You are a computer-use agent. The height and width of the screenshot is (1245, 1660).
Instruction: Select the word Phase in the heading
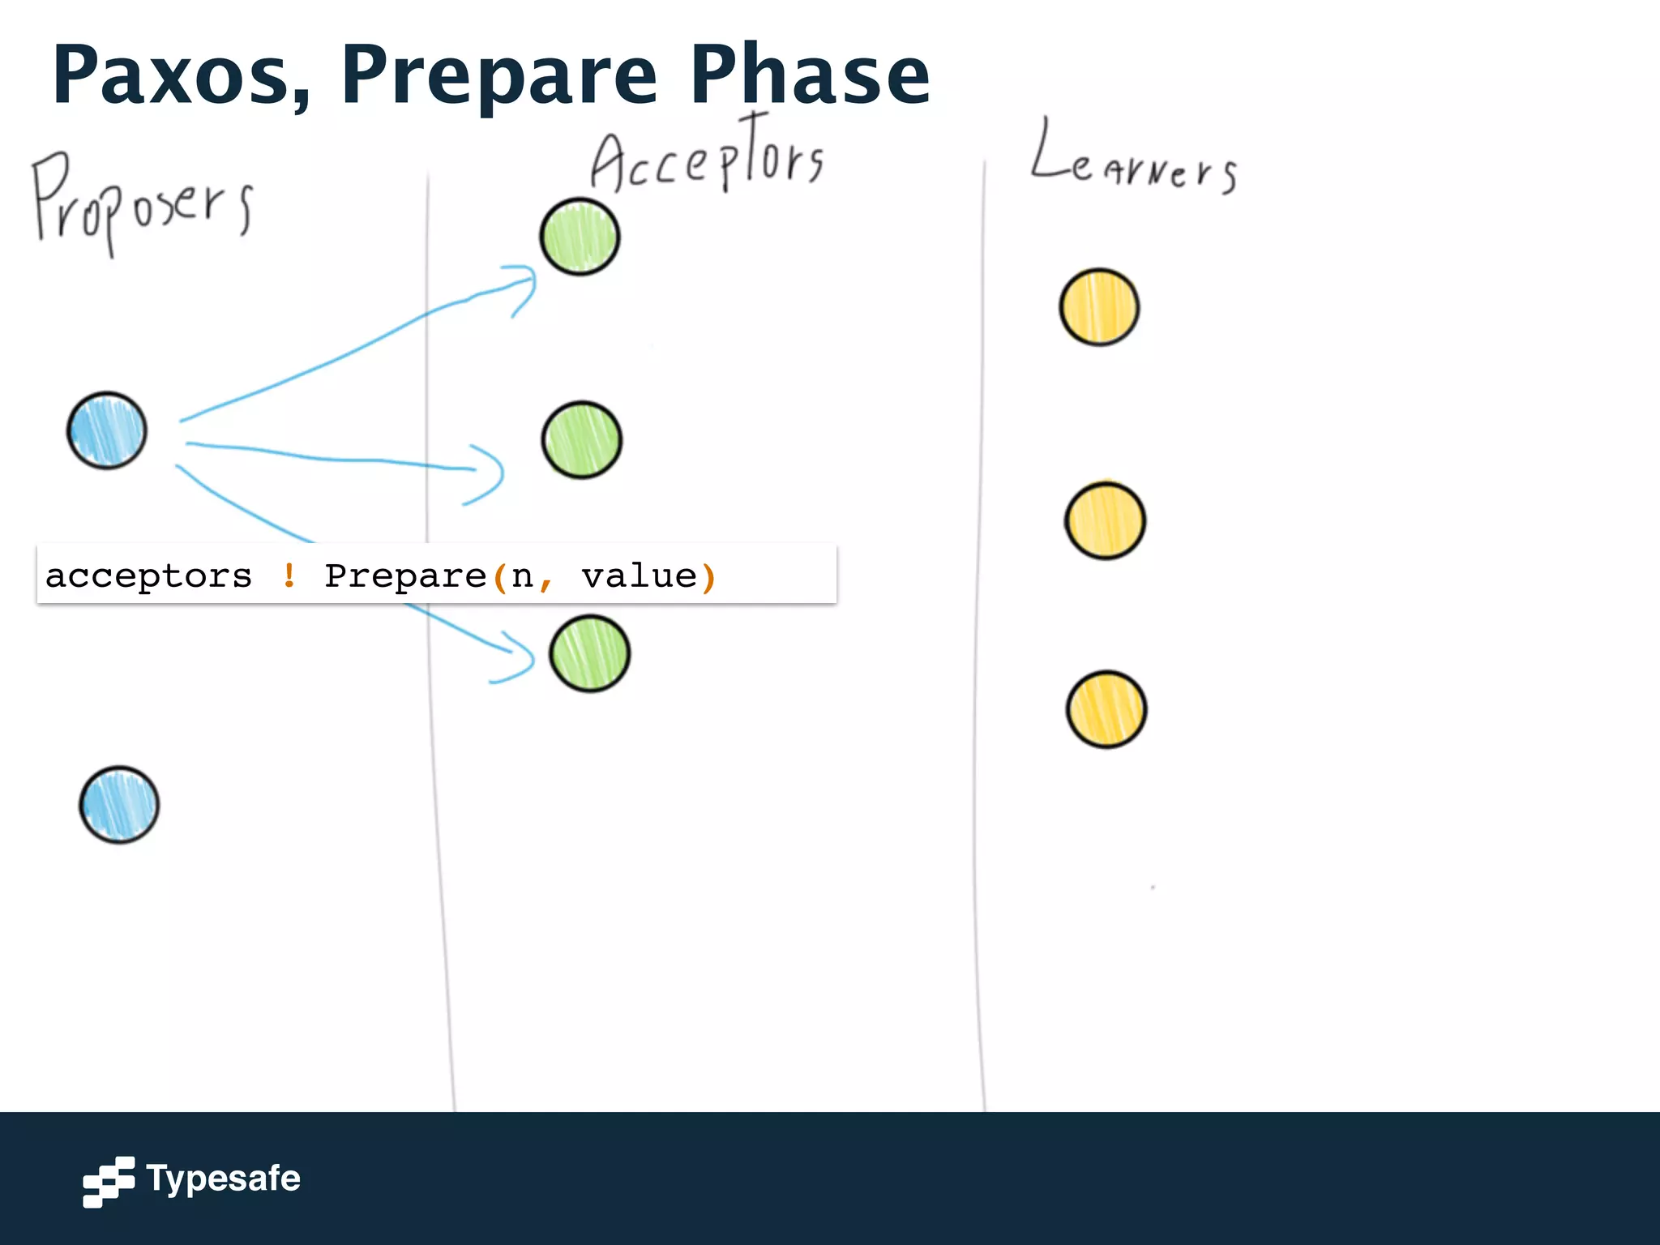coord(809,75)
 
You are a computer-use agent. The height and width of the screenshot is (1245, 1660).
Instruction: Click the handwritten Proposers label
coord(142,203)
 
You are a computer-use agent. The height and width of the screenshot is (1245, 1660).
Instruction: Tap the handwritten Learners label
coord(1133,162)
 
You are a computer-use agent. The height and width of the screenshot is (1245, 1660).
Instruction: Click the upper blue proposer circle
coord(107,430)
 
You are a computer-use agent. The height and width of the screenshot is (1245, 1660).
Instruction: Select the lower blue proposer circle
coord(119,804)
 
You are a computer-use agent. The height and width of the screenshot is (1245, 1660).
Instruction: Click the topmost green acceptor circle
coord(580,237)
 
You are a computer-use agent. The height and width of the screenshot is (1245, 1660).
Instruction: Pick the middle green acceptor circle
coord(581,440)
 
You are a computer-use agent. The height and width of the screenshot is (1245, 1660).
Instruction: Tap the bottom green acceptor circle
coord(589,653)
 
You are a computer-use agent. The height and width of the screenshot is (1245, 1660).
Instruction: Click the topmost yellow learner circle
coord(1099,307)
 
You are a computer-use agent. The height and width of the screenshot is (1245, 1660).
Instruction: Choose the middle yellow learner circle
coord(1105,520)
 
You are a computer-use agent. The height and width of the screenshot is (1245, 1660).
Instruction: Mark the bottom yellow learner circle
coord(1106,709)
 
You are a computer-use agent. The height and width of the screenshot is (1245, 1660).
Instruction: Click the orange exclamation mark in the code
coord(289,575)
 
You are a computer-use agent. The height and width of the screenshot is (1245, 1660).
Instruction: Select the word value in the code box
coord(639,575)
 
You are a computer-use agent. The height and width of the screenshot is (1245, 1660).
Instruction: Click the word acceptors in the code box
coord(149,575)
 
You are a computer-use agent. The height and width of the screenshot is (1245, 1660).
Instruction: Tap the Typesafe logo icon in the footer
coord(109,1181)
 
